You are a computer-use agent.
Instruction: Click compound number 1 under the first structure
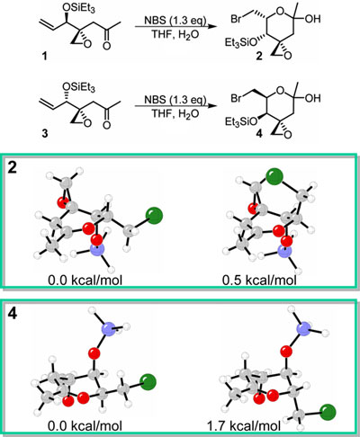[45, 56]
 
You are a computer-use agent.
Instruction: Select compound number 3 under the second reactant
[45, 133]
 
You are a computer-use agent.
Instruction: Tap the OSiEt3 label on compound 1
[79, 9]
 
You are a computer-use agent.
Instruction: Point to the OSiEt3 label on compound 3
[79, 87]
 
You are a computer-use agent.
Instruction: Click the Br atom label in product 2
[236, 19]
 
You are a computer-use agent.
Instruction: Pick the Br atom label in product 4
[236, 98]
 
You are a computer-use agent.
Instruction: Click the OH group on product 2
[313, 19]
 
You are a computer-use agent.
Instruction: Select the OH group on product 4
[313, 98]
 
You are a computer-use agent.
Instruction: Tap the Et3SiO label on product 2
[241, 43]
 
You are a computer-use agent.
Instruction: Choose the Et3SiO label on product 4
[241, 122]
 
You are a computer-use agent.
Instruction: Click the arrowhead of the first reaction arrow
[212, 27]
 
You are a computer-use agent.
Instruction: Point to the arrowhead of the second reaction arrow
[212, 106]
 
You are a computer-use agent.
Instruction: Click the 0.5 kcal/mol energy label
[259, 281]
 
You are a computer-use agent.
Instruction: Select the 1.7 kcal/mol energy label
[244, 426]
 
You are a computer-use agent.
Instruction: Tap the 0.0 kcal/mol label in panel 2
[85, 281]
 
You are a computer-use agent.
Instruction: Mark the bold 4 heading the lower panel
[12, 315]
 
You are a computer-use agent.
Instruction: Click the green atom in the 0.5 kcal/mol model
[274, 176]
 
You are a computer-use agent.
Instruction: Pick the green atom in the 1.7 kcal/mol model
[328, 412]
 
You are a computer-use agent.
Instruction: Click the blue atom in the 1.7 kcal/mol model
[304, 329]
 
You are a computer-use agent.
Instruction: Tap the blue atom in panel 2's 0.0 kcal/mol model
[97, 250]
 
